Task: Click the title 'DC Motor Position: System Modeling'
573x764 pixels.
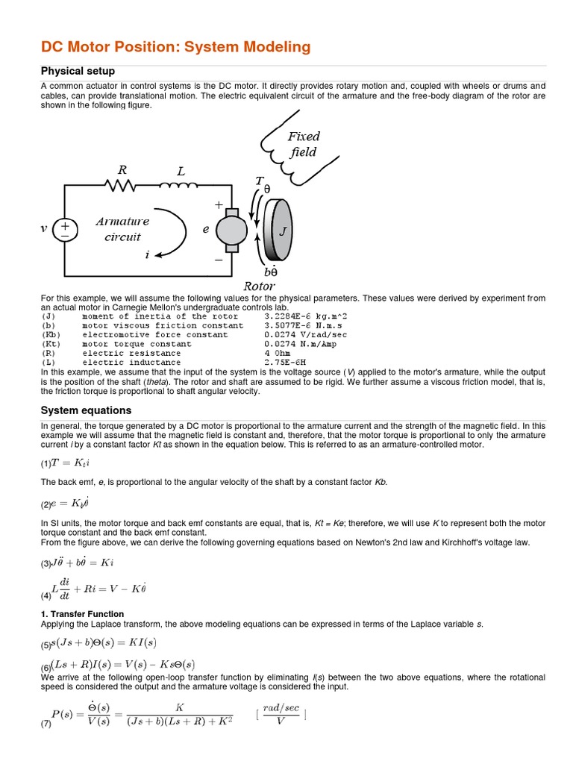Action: tap(175, 47)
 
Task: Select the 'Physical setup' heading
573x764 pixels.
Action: tap(78, 72)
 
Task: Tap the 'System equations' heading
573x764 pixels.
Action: tap(86, 410)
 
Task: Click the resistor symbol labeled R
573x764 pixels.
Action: tap(122, 187)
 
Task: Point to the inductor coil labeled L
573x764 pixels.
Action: tap(179, 187)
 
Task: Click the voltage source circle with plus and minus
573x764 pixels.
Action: tap(65, 229)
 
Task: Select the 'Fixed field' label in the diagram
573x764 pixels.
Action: tap(303, 144)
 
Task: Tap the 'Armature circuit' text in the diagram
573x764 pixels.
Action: tap(122, 229)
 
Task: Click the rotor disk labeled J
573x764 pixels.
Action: tap(280, 231)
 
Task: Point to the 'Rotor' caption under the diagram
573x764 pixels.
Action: tap(260, 286)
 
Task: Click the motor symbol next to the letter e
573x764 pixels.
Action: tap(230, 230)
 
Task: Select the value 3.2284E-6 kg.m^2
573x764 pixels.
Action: tap(306, 316)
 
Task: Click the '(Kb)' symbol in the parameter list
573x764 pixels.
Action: tap(50, 335)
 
